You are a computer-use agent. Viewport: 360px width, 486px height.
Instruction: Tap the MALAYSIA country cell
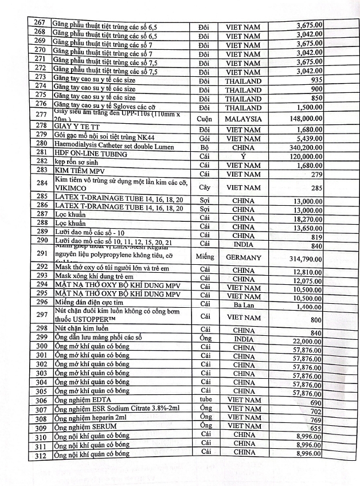click(243, 119)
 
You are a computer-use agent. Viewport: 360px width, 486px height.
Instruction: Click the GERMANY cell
click(243, 258)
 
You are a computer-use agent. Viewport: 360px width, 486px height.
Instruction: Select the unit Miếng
click(206, 257)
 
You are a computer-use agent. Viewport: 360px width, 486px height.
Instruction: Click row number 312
click(40, 454)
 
